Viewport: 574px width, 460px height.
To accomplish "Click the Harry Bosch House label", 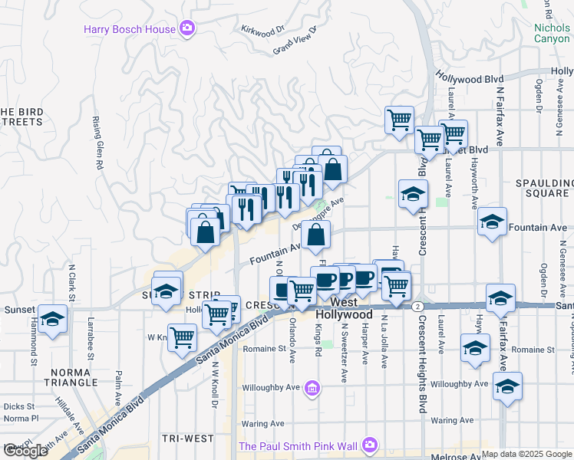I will (x=130, y=29).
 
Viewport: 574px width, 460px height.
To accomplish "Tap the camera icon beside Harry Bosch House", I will (x=187, y=29).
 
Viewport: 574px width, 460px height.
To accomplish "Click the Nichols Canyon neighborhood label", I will (x=553, y=33).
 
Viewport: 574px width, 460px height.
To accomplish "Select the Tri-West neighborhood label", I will (x=188, y=438).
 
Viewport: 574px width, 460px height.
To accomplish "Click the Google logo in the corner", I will (x=25, y=451).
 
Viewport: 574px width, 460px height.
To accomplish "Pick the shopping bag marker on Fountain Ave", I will (x=316, y=235).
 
